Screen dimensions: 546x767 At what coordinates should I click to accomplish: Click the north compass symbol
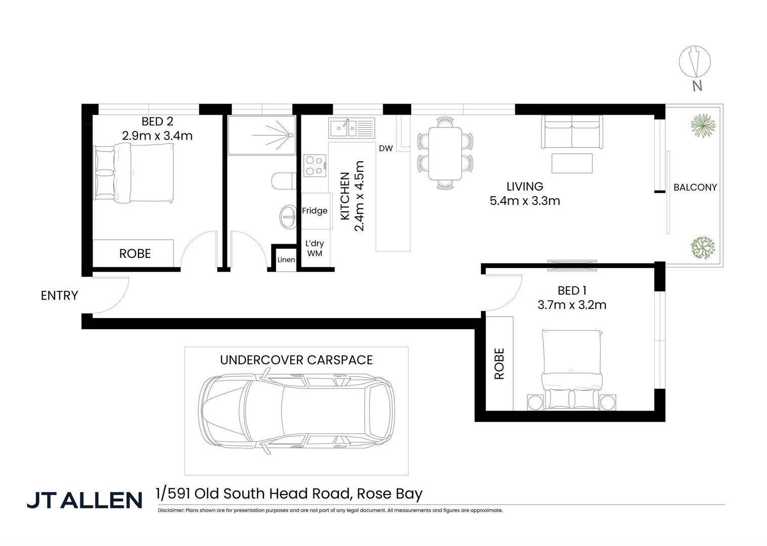click(x=695, y=62)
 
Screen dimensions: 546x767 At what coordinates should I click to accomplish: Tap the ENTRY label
click(x=59, y=295)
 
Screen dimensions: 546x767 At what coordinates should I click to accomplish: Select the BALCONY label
click(x=695, y=187)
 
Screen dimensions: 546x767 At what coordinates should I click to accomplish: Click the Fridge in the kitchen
click(x=314, y=211)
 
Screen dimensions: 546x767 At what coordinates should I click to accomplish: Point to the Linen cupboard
click(x=286, y=259)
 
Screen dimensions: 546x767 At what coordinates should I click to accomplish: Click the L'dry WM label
click(x=314, y=248)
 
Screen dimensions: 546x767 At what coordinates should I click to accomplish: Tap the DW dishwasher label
click(x=385, y=149)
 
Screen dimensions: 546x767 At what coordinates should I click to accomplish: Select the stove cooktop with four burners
click(x=314, y=166)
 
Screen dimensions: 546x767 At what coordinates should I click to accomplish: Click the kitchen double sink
click(x=351, y=128)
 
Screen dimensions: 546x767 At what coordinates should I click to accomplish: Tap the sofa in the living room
click(x=572, y=131)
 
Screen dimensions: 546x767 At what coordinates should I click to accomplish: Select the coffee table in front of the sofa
click(x=572, y=163)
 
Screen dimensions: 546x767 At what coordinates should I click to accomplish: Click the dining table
click(x=445, y=154)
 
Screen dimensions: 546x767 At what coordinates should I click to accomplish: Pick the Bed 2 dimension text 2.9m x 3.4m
click(x=157, y=135)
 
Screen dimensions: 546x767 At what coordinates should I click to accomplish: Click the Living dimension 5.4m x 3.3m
click(x=525, y=201)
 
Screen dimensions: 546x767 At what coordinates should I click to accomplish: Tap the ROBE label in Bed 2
click(x=135, y=253)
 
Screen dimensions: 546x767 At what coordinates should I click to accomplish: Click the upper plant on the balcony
click(x=702, y=126)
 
